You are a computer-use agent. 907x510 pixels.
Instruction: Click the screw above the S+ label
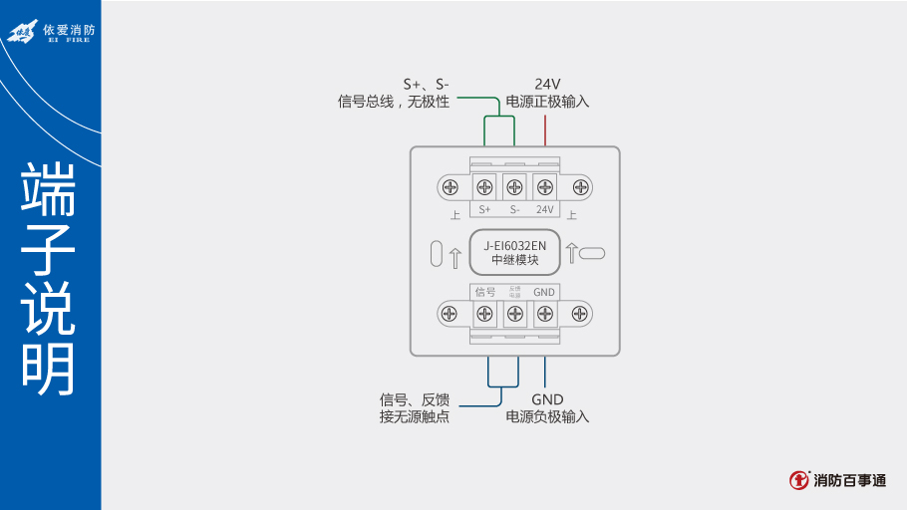tap(484, 186)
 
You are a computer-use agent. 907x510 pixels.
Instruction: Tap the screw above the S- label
tap(514, 186)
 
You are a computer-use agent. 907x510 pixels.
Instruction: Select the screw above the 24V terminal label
tap(545, 186)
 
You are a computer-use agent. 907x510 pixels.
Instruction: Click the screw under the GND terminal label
tap(545, 314)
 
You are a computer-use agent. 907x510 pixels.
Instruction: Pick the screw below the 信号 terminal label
tap(484, 314)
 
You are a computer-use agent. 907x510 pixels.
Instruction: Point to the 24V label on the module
tap(545, 209)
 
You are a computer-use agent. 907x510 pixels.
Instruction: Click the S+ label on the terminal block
tap(485, 209)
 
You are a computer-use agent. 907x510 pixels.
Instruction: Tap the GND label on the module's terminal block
tap(544, 292)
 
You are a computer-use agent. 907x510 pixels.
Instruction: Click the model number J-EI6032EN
tap(515, 245)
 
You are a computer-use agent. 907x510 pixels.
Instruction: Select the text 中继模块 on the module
tap(515, 260)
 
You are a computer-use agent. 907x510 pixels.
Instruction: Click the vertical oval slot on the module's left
tap(436, 253)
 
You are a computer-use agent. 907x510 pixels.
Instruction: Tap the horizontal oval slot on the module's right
tap(591, 253)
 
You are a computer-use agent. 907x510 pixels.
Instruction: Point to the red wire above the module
tap(545, 129)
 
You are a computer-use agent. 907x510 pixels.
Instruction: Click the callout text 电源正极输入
tap(548, 102)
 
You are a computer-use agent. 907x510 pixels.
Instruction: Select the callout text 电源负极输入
tap(548, 416)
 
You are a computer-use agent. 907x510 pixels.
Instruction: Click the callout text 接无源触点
tap(415, 416)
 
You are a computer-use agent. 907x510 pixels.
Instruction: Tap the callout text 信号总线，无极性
tap(395, 102)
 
